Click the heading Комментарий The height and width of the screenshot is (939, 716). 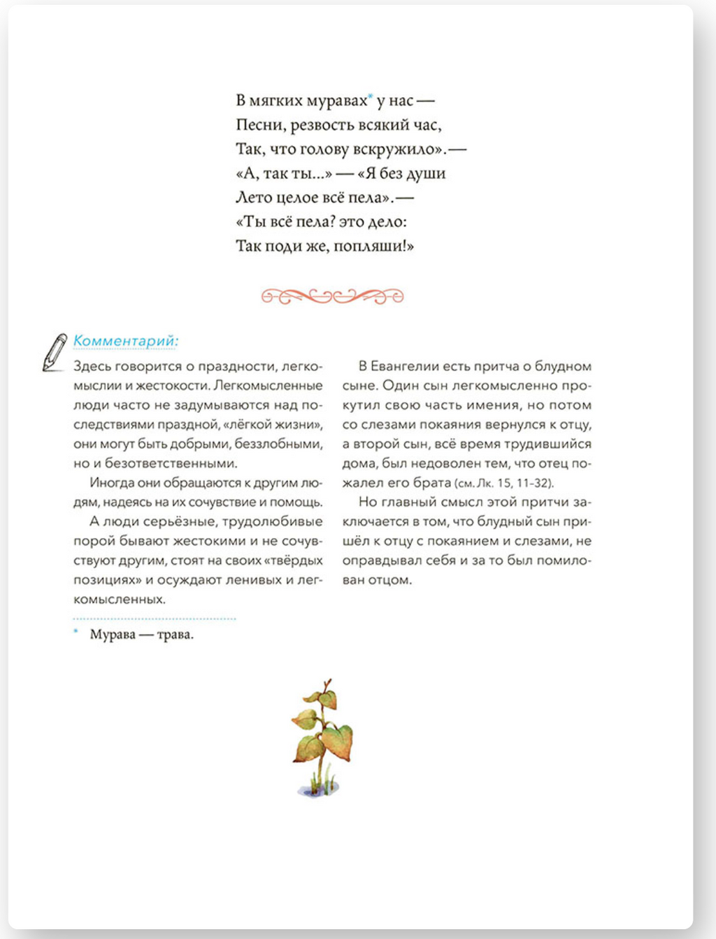[x=126, y=341]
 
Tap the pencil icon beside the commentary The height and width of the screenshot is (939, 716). [x=55, y=352]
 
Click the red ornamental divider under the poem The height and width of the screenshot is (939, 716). [x=333, y=296]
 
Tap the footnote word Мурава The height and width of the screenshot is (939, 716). [x=113, y=634]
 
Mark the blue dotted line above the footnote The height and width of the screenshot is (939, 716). [x=155, y=618]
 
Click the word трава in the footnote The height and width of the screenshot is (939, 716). [x=175, y=634]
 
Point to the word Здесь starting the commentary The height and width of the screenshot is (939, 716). [x=92, y=366]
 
